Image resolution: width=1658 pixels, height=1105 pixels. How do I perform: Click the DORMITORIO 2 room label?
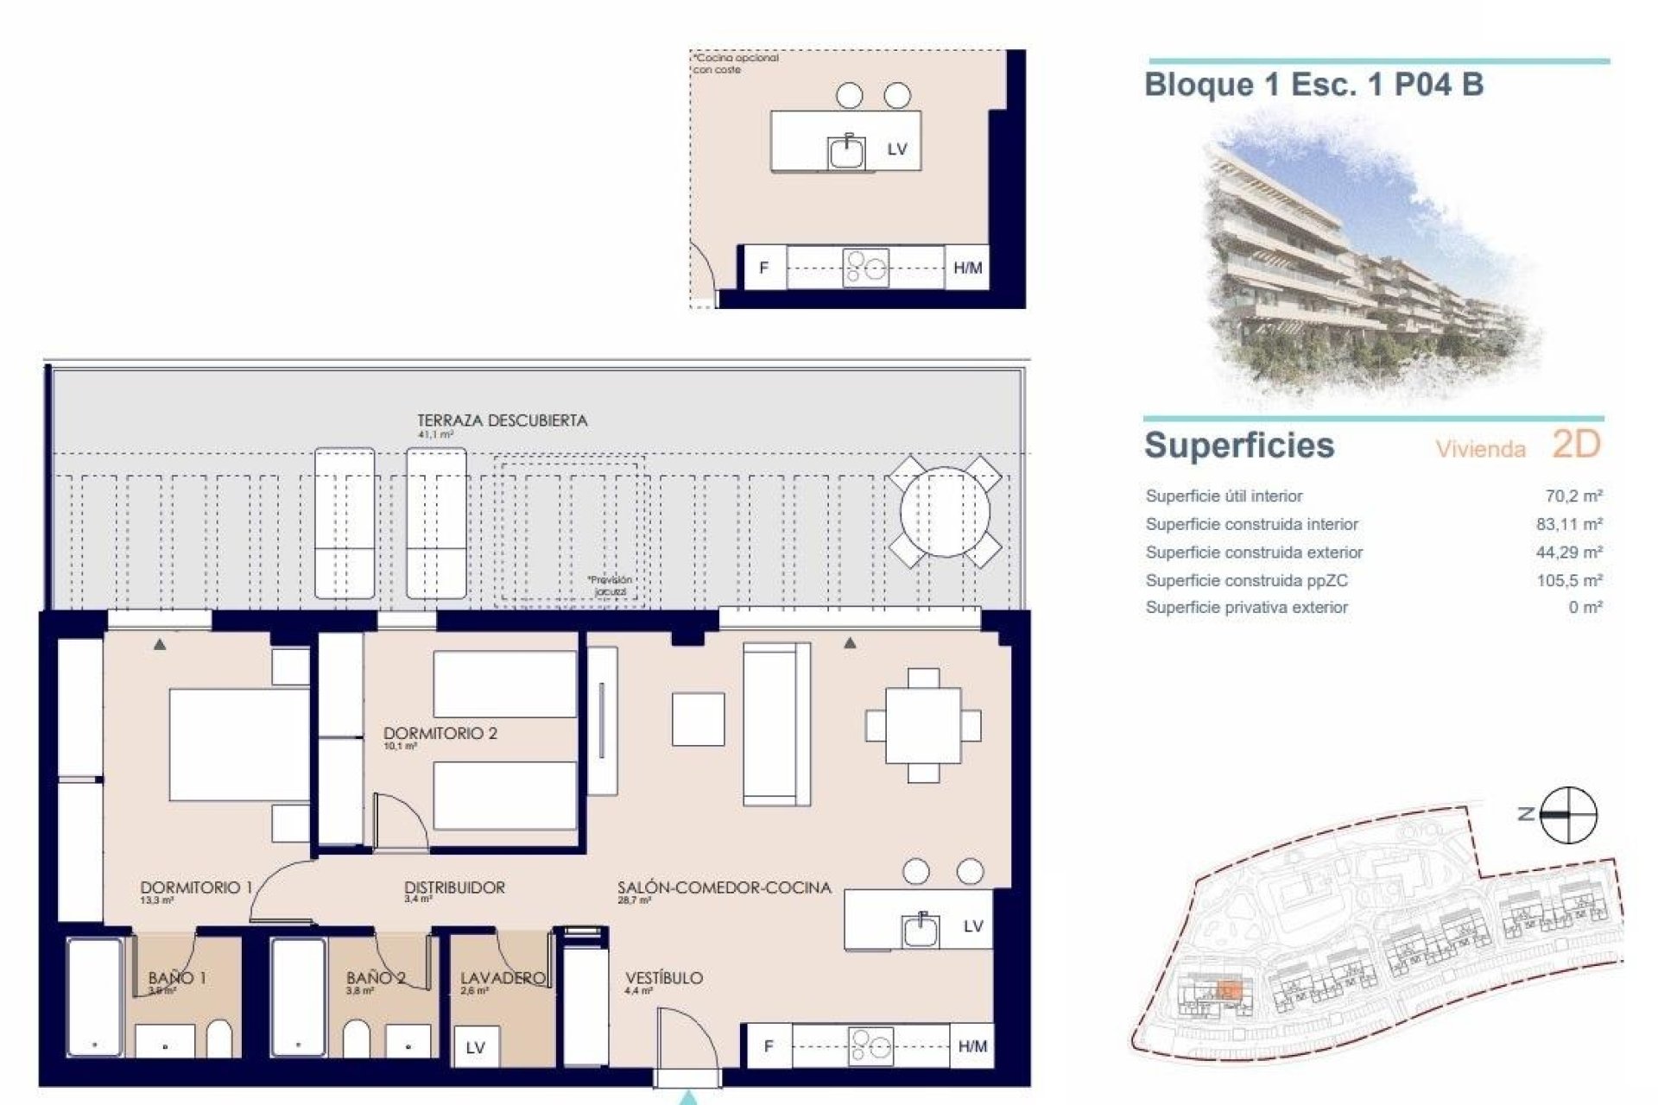coord(440,734)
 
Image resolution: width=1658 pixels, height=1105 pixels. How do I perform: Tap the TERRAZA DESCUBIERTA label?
coord(502,421)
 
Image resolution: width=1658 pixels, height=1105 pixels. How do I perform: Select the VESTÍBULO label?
coord(663,978)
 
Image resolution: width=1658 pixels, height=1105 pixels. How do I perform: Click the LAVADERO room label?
coord(503,978)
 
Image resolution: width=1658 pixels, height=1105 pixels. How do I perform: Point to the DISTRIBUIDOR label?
coord(454,887)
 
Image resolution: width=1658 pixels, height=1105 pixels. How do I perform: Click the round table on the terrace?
coord(945,512)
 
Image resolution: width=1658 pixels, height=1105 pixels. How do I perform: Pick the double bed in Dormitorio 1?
coord(238,744)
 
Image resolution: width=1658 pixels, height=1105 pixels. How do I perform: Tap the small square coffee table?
coord(698,719)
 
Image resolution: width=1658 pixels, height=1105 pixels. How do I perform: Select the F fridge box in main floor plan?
coord(768,1047)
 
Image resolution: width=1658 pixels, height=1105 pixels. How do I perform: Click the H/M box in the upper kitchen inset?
coord(967,268)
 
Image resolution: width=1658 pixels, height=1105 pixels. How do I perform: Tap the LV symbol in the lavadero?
coord(475,1048)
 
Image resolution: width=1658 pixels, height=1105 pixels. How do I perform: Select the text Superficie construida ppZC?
coord(1246,580)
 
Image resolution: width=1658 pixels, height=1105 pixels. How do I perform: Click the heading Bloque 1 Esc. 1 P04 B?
coord(1313,85)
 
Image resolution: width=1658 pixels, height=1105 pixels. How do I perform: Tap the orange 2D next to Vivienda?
coord(1576,445)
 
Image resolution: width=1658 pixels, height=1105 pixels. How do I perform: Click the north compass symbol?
coord(1567,814)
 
